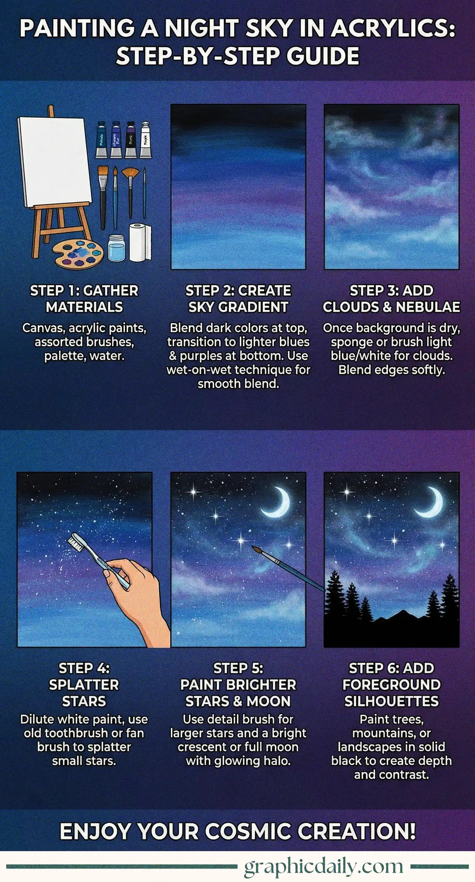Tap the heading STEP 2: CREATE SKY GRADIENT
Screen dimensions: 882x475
(238, 299)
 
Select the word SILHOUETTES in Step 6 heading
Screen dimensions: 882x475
(391, 701)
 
